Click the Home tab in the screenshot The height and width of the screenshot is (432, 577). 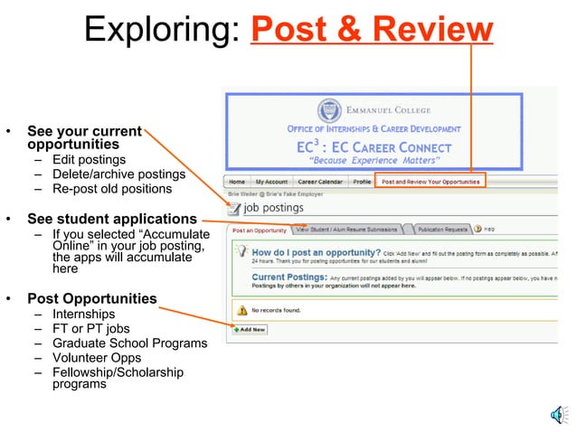pos(237,182)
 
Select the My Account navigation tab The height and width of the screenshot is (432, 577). pos(271,182)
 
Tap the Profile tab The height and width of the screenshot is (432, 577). pos(362,182)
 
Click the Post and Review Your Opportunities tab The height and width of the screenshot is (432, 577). pos(430,182)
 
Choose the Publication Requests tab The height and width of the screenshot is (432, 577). pos(442,230)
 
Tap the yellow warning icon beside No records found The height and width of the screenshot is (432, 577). pos(241,310)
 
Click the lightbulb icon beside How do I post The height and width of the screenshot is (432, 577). pos(241,254)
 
